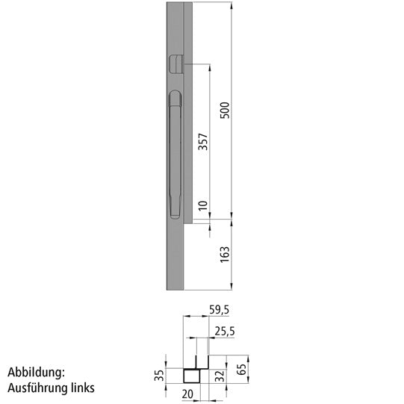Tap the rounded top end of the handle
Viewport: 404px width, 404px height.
175,96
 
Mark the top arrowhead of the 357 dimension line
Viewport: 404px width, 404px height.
211,66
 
